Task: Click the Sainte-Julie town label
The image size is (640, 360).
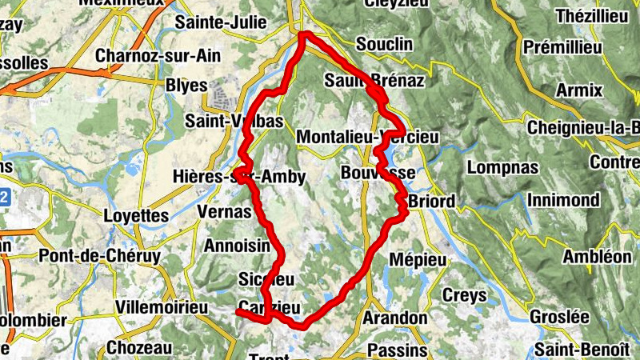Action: [x=214, y=22]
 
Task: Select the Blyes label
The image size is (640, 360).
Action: [x=186, y=86]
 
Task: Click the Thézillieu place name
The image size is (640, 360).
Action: [x=573, y=16]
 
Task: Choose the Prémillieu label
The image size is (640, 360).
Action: [x=563, y=48]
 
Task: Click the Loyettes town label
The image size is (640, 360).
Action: [x=137, y=215]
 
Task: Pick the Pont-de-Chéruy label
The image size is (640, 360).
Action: [x=100, y=257]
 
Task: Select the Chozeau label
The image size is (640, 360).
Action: [x=139, y=348]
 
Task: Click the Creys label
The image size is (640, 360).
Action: [x=465, y=296]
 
